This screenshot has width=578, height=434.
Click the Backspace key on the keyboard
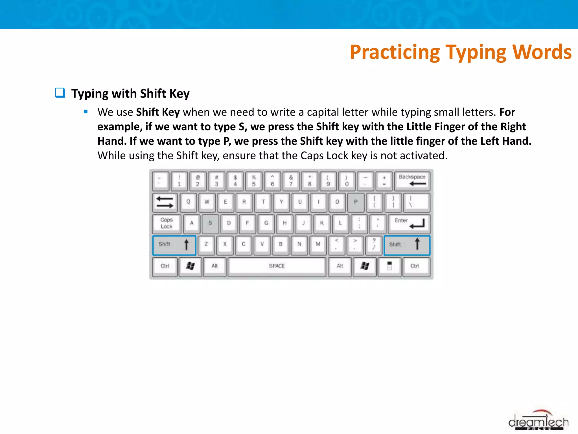pos(412,181)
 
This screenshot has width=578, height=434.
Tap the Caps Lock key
pos(167,223)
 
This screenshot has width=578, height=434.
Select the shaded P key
pos(356,202)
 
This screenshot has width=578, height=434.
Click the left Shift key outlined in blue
pos(174,245)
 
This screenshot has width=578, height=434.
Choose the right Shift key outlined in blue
pos(407,245)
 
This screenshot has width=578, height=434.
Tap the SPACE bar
pos(277,266)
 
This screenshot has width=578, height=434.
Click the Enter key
pos(409,223)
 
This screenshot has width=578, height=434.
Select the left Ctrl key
pos(165,266)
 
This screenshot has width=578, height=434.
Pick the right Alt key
pos(340,266)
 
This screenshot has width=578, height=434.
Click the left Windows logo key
pos(190,266)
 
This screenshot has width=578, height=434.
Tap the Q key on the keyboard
pos(188,202)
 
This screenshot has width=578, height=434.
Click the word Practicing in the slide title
pos(395,52)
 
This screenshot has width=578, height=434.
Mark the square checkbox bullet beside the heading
pos(60,93)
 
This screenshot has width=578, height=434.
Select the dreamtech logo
pos(538,421)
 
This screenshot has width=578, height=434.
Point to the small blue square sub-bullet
pos(86,112)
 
